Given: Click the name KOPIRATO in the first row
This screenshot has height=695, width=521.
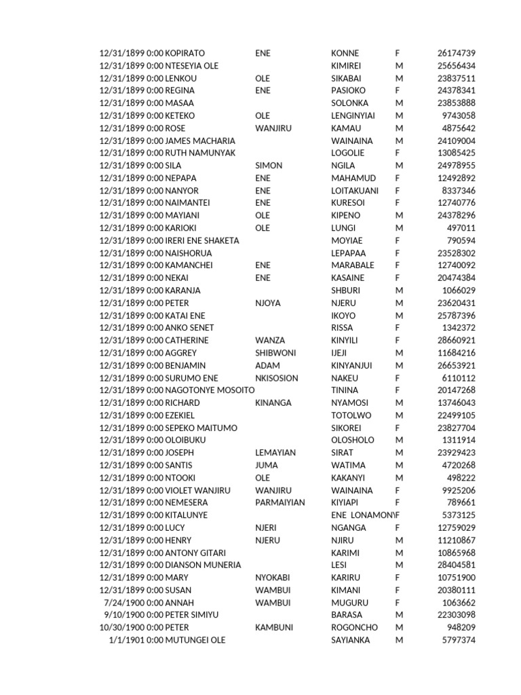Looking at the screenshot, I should [x=185, y=53].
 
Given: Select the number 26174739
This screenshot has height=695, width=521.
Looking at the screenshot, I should [x=457, y=53].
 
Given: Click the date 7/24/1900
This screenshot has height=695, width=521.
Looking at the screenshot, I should [x=123, y=603].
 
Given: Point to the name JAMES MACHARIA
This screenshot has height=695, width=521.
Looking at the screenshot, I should [x=201, y=140].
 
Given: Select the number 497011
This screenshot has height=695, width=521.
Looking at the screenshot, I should [x=461, y=228].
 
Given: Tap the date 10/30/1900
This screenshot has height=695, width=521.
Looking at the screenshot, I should [x=121, y=628].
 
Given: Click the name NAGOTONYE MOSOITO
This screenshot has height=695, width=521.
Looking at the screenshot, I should [x=210, y=390].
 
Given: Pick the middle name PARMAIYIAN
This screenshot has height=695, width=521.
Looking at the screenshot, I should [x=280, y=503].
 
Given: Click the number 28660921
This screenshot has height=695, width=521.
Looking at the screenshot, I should [x=457, y=340].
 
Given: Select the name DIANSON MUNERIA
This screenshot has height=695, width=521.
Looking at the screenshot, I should [x=203, y=565].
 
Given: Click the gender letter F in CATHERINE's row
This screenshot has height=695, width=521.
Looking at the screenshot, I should [x=398, y=340].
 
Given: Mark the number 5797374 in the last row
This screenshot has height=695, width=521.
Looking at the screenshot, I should [x=459, y=640].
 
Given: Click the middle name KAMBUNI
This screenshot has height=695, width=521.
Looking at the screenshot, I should [x=274, y=628].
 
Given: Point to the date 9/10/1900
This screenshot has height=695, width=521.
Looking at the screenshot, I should [x=123, y=615].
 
